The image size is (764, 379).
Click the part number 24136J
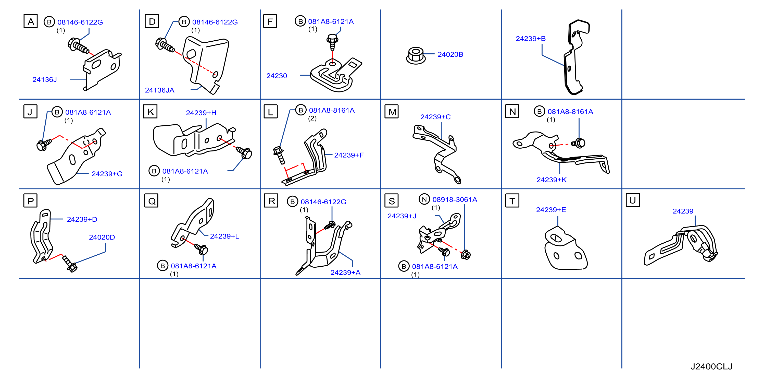[x=44, y=80]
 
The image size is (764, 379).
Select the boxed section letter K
[x=150, y=112]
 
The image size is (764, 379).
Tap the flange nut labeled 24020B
[x=416, y=55]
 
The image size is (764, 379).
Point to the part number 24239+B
[x=531, y=39]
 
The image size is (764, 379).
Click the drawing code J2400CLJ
[x=711, y=366]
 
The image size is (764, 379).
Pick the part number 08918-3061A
[x=455, y=200]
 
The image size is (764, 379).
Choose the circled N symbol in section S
[x=424, y=199]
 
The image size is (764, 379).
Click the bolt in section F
[x=332, y=42]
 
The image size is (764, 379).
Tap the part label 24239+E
[x=551, y=210]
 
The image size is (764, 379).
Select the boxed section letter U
[x=633, y=200]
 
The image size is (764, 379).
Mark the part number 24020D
[x=102, y=237]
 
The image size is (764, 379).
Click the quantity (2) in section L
[x=312, y=119]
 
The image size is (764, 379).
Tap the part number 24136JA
[x=160, y=90]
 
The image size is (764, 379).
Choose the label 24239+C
[x=435, y=117]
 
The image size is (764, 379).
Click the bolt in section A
[x=78, y=46]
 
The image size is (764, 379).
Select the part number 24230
[x=277, y=76]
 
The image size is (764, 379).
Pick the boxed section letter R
[x=271, y=201]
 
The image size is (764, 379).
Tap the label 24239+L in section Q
[x=224, y=236]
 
